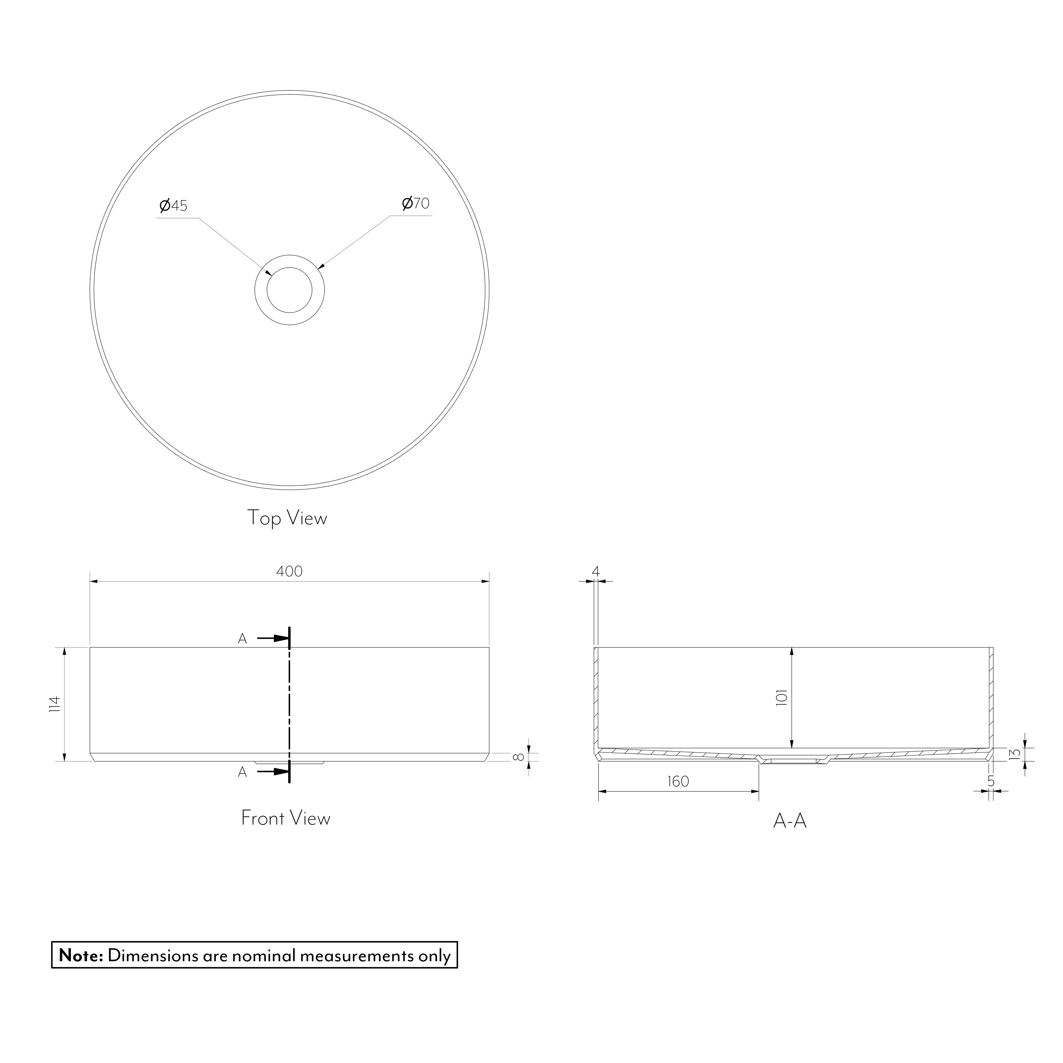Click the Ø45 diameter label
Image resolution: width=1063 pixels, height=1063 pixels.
173,206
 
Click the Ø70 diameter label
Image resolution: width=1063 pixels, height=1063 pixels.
415,204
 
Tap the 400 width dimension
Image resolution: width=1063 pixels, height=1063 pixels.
290,572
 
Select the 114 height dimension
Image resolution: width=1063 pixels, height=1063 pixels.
54,704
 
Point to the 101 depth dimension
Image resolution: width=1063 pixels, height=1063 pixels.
782,698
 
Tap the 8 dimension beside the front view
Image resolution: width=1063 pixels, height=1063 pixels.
517,757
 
